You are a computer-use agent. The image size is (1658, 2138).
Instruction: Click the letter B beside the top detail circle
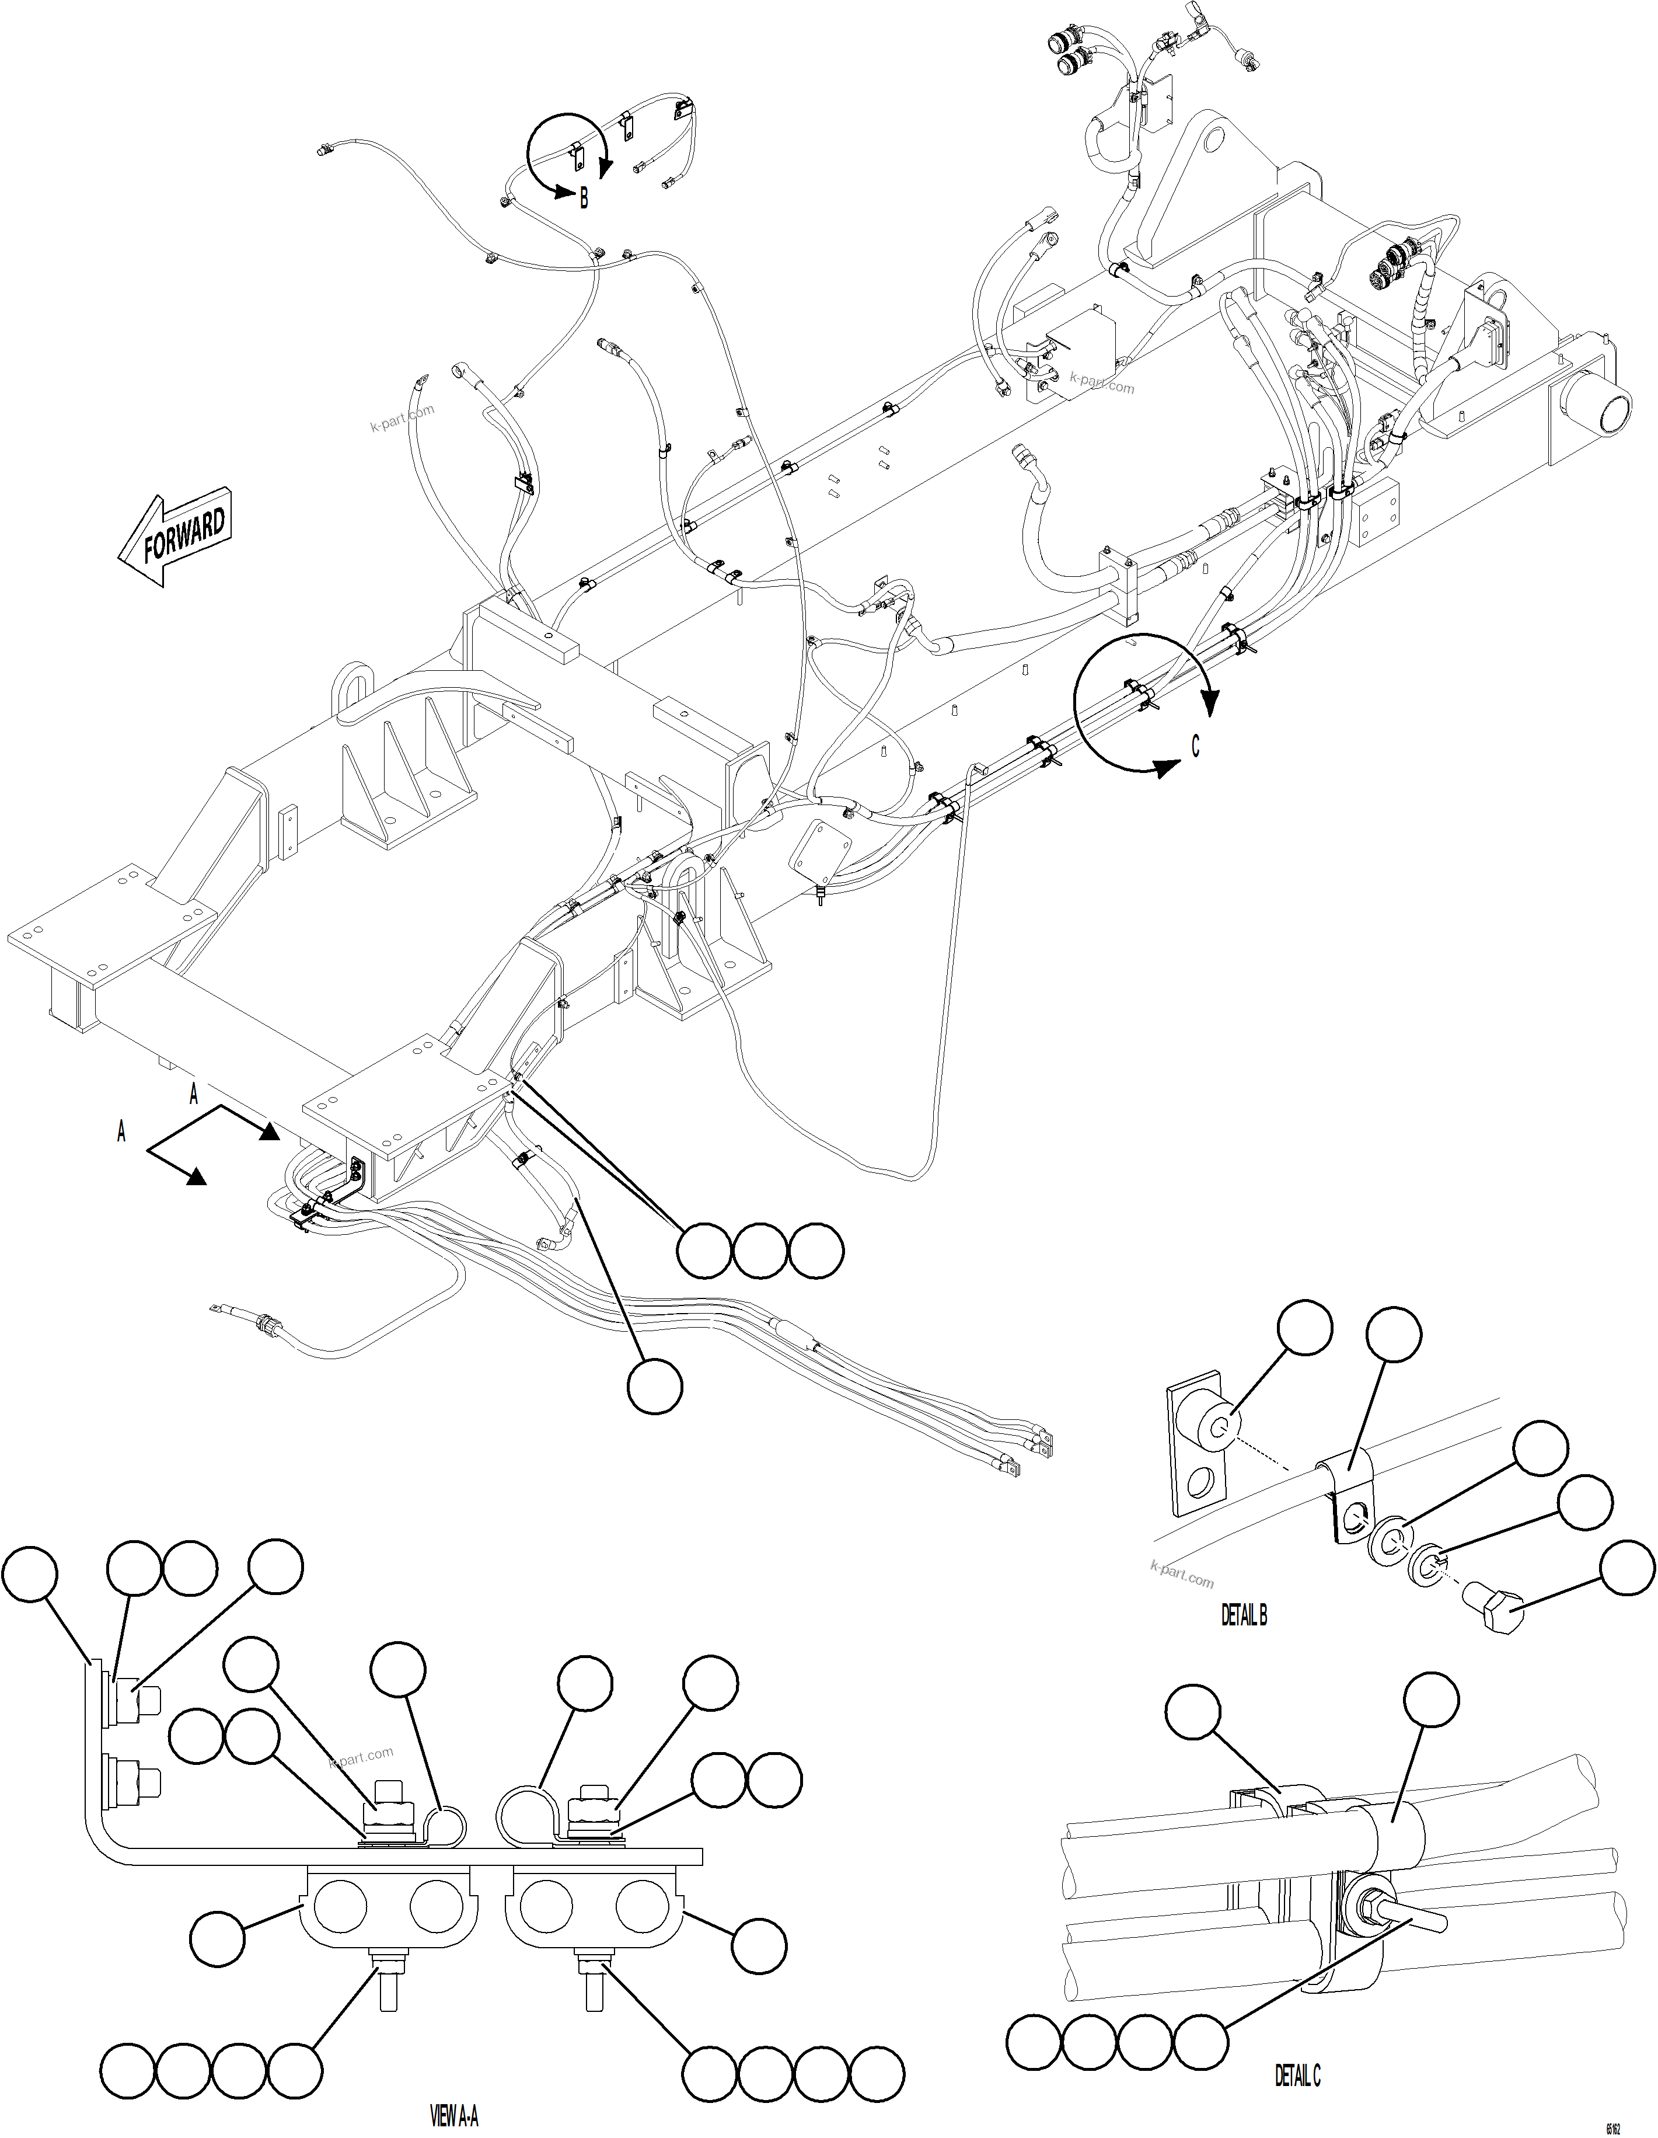click(584, 198)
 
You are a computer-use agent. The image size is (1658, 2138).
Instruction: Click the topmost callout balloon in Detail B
click(1305, 1328)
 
